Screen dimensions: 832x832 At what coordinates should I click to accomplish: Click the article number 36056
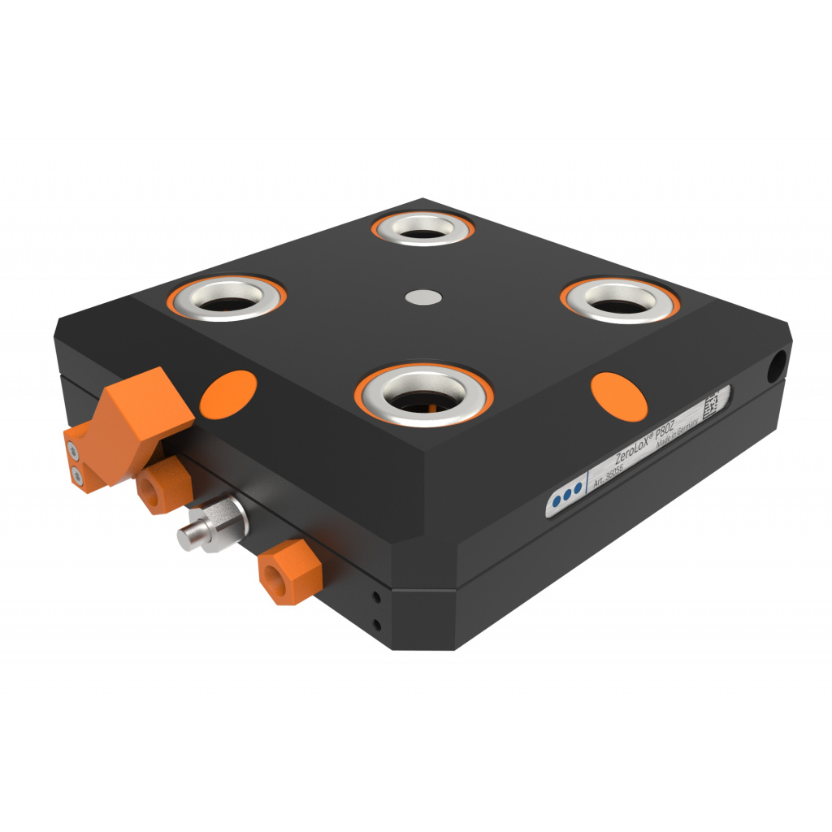tap(617, 470)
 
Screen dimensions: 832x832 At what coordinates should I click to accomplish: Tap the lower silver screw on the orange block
tap(79, 475)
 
